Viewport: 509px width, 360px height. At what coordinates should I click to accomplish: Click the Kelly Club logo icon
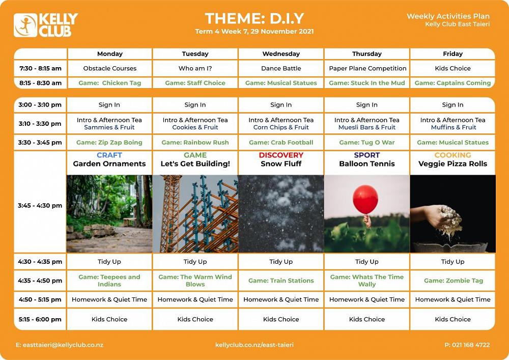25,25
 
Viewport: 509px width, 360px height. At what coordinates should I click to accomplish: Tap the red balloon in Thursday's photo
365,200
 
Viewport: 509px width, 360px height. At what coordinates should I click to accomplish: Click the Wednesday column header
281,54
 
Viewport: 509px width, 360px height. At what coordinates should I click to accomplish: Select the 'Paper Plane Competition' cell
367,69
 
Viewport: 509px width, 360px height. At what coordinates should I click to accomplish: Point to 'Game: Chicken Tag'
110,83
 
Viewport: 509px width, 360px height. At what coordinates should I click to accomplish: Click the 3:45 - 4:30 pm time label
40,206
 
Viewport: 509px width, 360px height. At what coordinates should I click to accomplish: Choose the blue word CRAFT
109,155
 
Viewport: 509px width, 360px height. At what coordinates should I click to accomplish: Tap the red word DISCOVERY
281,155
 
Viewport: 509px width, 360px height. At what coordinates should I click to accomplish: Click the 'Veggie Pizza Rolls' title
453,164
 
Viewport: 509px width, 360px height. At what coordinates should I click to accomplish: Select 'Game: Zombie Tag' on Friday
454,281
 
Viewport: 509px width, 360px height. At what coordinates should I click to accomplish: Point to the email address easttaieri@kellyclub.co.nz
60,345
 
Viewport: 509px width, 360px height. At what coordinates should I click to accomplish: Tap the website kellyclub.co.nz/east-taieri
254,345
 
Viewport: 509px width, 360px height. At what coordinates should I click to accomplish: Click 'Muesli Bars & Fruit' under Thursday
367,128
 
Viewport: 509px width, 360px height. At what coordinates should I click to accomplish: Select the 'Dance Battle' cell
281,69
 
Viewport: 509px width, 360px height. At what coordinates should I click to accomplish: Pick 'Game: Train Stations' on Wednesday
281,281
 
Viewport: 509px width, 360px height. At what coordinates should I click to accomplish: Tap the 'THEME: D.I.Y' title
254,18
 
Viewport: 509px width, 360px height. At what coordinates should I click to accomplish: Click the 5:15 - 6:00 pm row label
40,319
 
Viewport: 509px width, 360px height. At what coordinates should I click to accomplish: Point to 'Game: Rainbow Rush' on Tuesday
195,143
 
